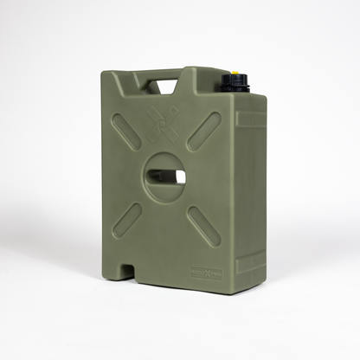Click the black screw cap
pyautogui.click(x=234, y=84)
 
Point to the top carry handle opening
pyautogui.click(x=164, y=87)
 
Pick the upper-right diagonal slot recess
pyautogui.click(x=203, y=131)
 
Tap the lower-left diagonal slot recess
pyautogui.click(x=126, y=220)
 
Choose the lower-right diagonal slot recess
pyautogui.click(x=203, y=226)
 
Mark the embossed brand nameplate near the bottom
pyautogui.click(x=207, y=272)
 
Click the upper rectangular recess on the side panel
pyautogui.click(x=251, y=119)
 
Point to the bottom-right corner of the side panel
pyautogui.click(x=264, y=275)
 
